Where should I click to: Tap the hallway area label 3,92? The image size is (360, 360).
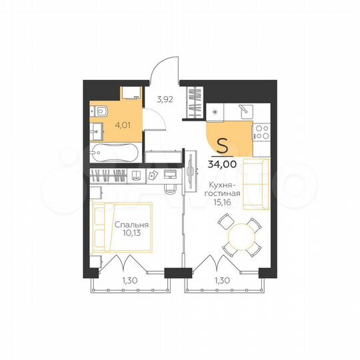point(165,100)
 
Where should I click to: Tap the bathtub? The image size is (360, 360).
point(113,153)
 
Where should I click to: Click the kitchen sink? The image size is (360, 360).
point(243,108)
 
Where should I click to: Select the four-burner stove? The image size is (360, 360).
point(261,133)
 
